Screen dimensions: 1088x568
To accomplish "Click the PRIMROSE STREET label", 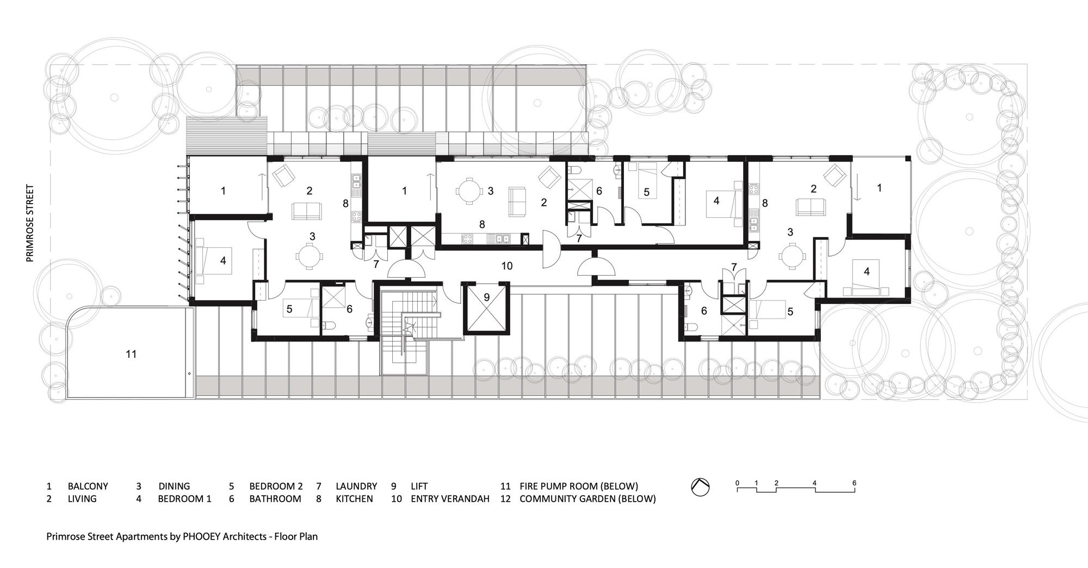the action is click(x=30, y=223).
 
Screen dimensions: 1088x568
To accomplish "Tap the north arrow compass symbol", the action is click(x=700, y=487).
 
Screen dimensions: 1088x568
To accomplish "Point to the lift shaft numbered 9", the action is click(x=487, y=308).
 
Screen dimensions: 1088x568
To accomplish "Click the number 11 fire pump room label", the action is click(x=131, y=354).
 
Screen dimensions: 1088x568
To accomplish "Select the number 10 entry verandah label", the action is click(x=507, y=266).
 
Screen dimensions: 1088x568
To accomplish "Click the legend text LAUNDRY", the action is click(x=356, y=486).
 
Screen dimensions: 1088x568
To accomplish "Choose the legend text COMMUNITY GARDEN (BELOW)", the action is click(x=588, y=499).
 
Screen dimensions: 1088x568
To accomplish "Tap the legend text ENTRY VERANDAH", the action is click(x=450, y=499).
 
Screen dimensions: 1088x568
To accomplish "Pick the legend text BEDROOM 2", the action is click(x=276, y=486).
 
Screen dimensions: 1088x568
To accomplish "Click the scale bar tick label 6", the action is click(x=854, y=483).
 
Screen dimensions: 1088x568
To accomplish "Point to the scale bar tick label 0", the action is click(x=737, y=483).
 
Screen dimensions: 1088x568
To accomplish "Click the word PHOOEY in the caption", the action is click(x=201, y=536).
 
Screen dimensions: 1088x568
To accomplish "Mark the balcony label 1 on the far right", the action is click(x=879, y=187).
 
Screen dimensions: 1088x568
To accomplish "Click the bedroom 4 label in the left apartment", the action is click(x=223, y=261).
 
